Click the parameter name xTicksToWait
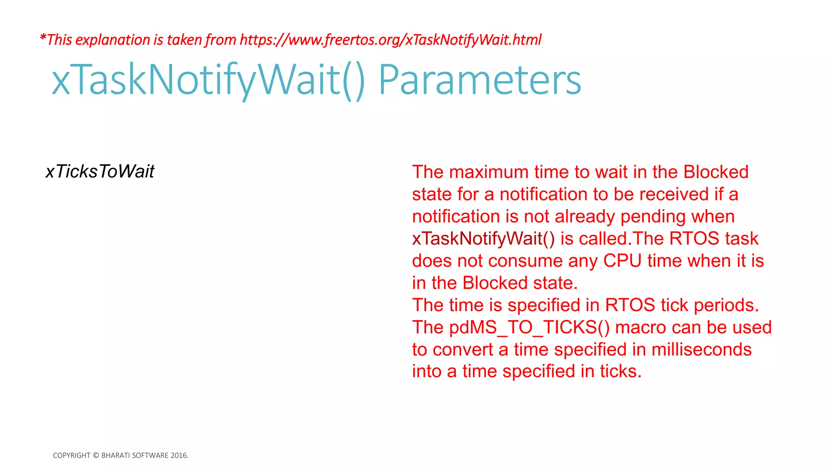100,171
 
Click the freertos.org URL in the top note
390,40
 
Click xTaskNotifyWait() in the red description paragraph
483,238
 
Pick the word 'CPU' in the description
622,261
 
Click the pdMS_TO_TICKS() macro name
529,327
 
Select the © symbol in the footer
96,455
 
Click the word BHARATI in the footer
116,455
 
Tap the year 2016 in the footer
179,455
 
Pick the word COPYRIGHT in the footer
71,455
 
